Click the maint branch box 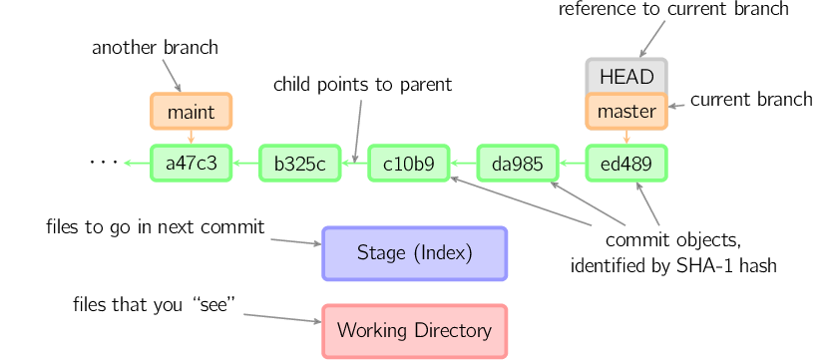coord(191,112)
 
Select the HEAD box coord(625,77)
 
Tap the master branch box coord(625,112)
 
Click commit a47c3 coord(191,164)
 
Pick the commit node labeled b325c coord(299,164)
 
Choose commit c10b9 coord(408,164)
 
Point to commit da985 coord(517,164)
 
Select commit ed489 coord(625,164)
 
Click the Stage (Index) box coord(414,253)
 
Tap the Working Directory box coord(414,331)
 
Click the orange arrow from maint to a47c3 coord(191,138)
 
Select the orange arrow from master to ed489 coord(625,138)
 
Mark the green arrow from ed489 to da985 coord(572,164)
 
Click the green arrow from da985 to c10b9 coord(463,164)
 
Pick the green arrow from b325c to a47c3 coord(245,164)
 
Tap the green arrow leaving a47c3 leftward coord(137,164)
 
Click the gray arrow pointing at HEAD coord(651,39)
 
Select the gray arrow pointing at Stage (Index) coord(295,242)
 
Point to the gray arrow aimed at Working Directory coord(282,318)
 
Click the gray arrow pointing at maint coord(172,74)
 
